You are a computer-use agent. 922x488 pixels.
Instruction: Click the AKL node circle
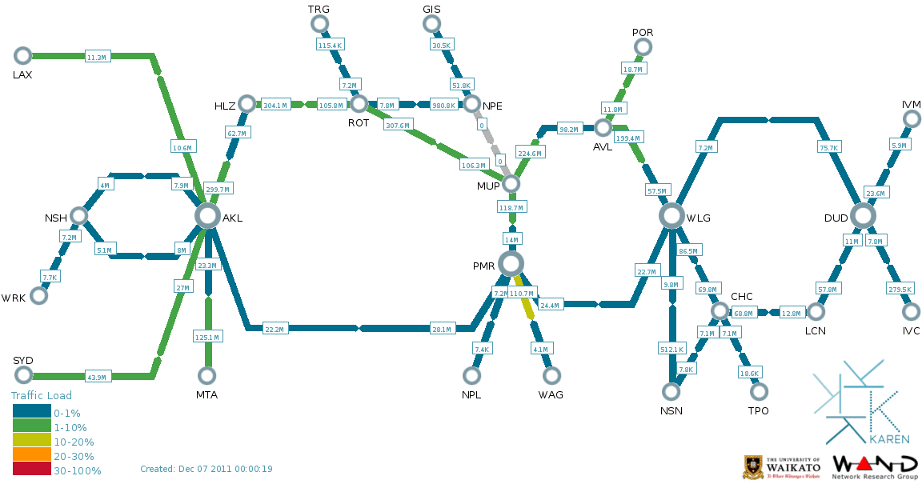pyautogui.click(x=207, y=215)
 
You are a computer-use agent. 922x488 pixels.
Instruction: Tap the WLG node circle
pyautogui.click(x=673, y=215)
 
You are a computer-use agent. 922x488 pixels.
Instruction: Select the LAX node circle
pyautogui.click(x=22, y=55)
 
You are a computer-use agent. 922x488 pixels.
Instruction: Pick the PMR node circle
pyautogui.click(x=511, y=263)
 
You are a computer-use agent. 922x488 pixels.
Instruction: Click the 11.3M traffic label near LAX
pyautogui.click(x=96, y=57)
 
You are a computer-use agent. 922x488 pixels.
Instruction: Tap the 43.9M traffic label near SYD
pyautogui.click(x=96, y=377)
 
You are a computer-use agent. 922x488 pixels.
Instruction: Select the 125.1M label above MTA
pyautogui.click(x=207, y=338)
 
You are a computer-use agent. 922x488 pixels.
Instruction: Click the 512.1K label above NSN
pyautogui.click(x=672, y=349)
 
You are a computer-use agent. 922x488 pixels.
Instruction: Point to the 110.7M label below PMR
pyautogui.click(x=523, y=294)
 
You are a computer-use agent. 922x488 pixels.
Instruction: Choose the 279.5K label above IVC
pyautogui.click(x=900, y=289)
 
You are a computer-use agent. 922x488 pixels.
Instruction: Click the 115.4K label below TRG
pyautogui.click(x=330, y=46)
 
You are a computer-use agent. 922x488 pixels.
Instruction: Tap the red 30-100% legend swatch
pyautogui.click(x=32, y=470)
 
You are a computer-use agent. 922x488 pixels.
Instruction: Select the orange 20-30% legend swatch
pyautogui.click(x=32, y=456)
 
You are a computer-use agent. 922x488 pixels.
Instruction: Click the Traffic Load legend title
pyautogui.click(x=41, y=396)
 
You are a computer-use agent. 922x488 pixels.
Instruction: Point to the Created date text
pyautogui.click(x=206, y=469)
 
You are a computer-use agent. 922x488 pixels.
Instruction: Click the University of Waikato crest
pyautogui.click(x=752, y=467)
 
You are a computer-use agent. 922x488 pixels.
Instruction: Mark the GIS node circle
pyautogui.click(x=432, y=24)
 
